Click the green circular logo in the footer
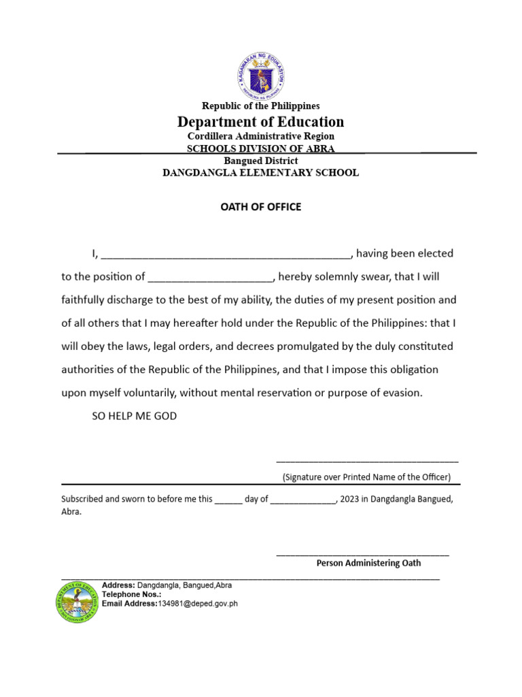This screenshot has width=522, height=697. [x=77, y=602]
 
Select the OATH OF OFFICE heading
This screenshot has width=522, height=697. [x=260, y=207]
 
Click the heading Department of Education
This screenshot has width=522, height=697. [x=260, y=122]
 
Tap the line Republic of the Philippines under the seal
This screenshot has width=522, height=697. [x=260, y=106]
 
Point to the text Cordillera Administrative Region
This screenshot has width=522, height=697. [x=260, y=136]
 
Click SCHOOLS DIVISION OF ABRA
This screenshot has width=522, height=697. [x=260, y=148]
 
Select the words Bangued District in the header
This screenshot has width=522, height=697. [x=260, y=161]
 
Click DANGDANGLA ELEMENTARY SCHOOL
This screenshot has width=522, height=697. [x=260, y=173]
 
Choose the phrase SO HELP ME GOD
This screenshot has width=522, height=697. [x=134, y=416]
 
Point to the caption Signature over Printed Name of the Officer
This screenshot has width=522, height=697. [x=366, y=477]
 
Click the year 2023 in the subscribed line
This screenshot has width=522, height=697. [x=349, y=499]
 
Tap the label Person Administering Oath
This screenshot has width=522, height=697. [x=368, y=563]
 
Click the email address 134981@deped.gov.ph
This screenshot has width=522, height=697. [x=198, y=603]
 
